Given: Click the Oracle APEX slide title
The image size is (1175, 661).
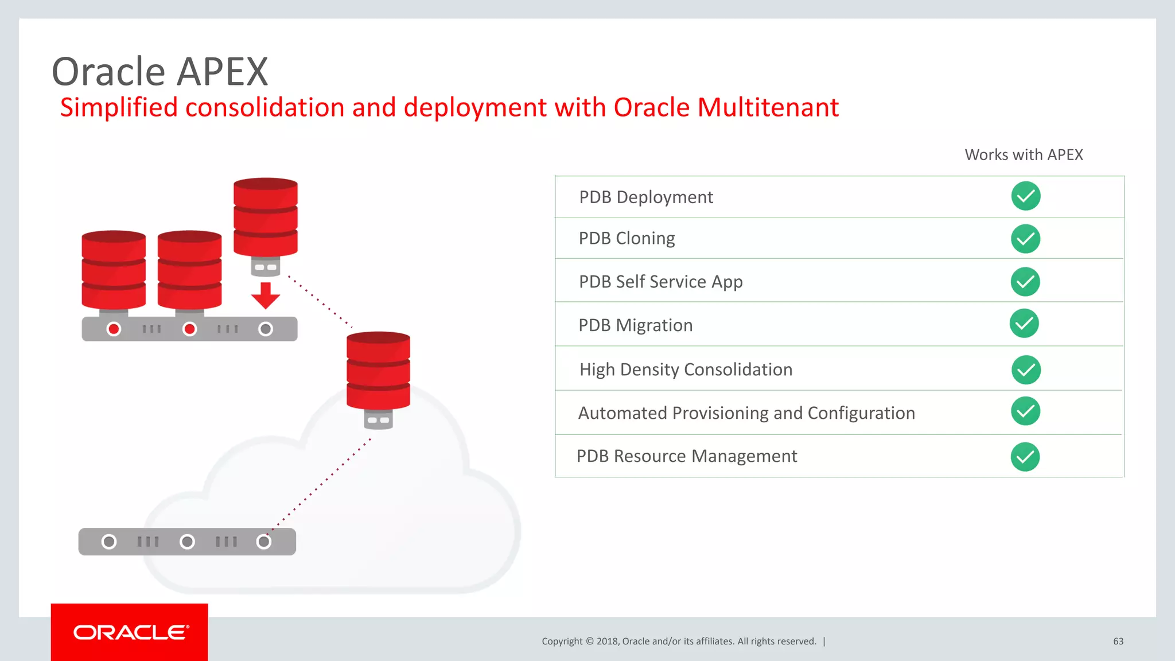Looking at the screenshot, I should tap(159, 72).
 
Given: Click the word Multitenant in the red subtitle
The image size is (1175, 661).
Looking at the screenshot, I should tap(768, 107).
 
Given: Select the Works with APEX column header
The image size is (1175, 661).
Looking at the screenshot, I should tap(1024, 155).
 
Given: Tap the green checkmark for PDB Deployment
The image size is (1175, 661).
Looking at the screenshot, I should tap(1026, 196).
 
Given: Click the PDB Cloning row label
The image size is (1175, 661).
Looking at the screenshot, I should tap(627, 238).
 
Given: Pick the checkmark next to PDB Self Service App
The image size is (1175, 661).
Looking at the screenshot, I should tap(1025, 282).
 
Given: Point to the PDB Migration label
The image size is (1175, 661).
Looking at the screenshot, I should tap(635, 325).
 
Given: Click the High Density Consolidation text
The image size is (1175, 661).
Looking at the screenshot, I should tap(686, 370).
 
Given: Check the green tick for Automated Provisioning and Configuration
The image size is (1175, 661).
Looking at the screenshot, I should tap(1025, 411).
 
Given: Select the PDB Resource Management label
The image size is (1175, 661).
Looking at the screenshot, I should tap(687, 456).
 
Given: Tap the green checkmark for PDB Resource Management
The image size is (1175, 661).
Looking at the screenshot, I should tap(1025, 457).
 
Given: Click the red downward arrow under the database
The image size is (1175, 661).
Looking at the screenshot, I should tap(265, 295).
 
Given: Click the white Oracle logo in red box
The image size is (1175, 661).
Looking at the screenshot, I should tap(130, 632).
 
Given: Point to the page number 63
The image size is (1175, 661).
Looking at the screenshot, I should tap(1118, 641).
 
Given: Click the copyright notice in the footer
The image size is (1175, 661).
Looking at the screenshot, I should tap(679, 641).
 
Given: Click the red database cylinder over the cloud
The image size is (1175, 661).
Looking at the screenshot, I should tap(378, 370).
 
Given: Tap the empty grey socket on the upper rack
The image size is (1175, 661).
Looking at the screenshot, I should tap(265, 329).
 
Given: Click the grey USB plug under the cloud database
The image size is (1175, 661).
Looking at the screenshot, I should tap(378, 420).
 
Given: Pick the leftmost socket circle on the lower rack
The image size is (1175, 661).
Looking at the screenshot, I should tap(109, 542).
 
